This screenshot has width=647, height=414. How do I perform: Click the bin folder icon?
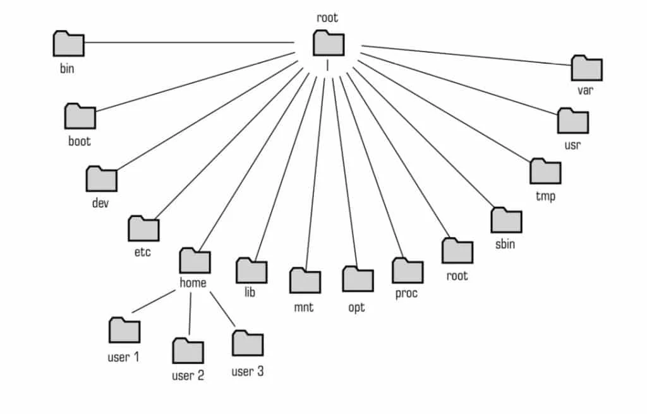(69, 44)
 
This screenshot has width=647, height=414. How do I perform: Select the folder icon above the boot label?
(80, 117)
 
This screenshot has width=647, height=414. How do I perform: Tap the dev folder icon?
(102, 179)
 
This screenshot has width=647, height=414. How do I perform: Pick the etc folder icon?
(143, 228)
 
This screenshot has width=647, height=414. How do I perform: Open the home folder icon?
(195, 260)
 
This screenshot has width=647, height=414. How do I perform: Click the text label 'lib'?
(250, 293)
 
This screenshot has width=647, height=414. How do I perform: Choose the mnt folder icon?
(305, 281)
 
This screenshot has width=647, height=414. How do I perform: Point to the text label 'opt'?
(356, 307)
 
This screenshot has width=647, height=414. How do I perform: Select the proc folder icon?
(408, 271)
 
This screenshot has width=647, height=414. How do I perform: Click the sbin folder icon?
(506, 220)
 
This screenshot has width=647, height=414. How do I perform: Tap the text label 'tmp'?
(545, 196)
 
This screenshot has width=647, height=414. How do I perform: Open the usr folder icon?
(573, 121)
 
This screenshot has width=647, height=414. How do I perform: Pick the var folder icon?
(587, 68)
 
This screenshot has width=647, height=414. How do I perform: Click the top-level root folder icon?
(329, 44)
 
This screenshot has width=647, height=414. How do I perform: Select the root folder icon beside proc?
(457, 251)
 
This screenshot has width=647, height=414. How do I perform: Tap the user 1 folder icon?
(124, 330)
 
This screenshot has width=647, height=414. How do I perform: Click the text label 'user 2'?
(188, 376)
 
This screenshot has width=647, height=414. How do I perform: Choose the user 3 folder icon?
(248, 343)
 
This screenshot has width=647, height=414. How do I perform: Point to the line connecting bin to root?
(190, 43)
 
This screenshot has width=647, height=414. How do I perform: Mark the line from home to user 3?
(222, 309)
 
